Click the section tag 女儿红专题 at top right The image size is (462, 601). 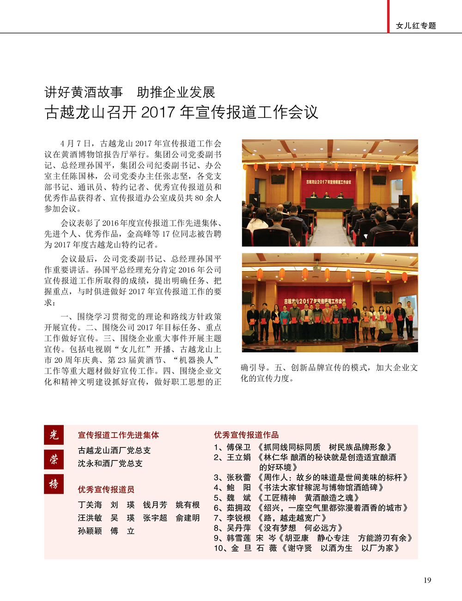pyautogui.click(x=416, y=26)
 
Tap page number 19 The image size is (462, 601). pyautogui.click(x=427, y=580)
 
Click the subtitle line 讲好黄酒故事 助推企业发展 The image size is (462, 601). pyautogui.click(x=130, y=92)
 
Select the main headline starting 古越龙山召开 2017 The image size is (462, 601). pyautogui.click(x=182, y=112)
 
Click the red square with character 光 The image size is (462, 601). pyautogui.click(x=54, y=435)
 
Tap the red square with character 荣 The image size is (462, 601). pyautogui.click(x=54, y=459)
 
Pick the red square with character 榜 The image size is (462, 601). pyautogui.click(x=54, y=484)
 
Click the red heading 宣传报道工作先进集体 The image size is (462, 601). pyautogui.click(x=118, y=435)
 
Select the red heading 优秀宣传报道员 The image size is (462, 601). pyautogui.click(x=106, y=490)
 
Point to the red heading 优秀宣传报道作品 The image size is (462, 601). pyautogui.click(x=246, y=435)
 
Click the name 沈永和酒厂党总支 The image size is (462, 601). pyautogui.click(x=110, y=463)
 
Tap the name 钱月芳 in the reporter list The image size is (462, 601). pyautogui.click(x=155, y=505)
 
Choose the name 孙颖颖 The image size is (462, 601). pyautogui.click(x=90, y=531)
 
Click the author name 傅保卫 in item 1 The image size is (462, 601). pyautogui.click(x=238, y=447)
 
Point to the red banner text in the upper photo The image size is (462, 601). pyautogui.click(x=328, y=182)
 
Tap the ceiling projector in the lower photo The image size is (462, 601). pyautogui.click(x=316, y=268)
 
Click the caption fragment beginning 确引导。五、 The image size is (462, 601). pyautogui.click(x=329, y=368)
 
